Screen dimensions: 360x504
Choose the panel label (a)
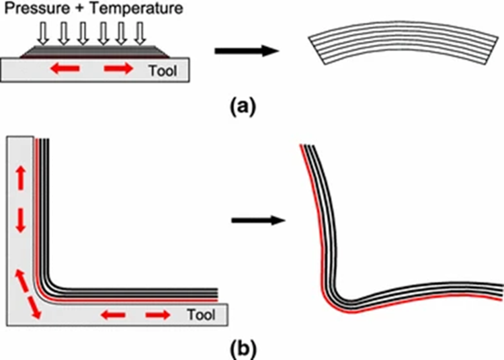point(240,105)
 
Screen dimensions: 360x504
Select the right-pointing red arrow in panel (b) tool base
point(159,314)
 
